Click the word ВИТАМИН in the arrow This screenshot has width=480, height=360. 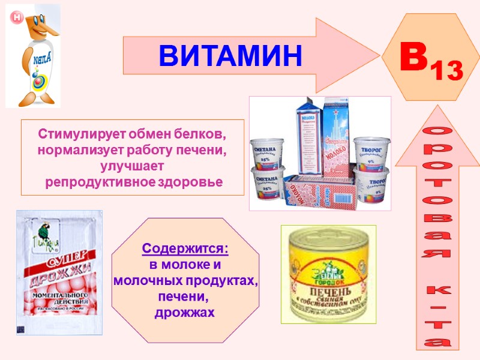[x=230, y=56]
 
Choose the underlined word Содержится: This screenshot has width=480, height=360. [x=185, y=248]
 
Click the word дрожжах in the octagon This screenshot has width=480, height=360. [x=185, y=313]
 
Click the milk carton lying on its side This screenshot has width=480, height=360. [x=315, y=192]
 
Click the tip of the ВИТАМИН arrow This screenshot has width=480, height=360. [x=378, y=55]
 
